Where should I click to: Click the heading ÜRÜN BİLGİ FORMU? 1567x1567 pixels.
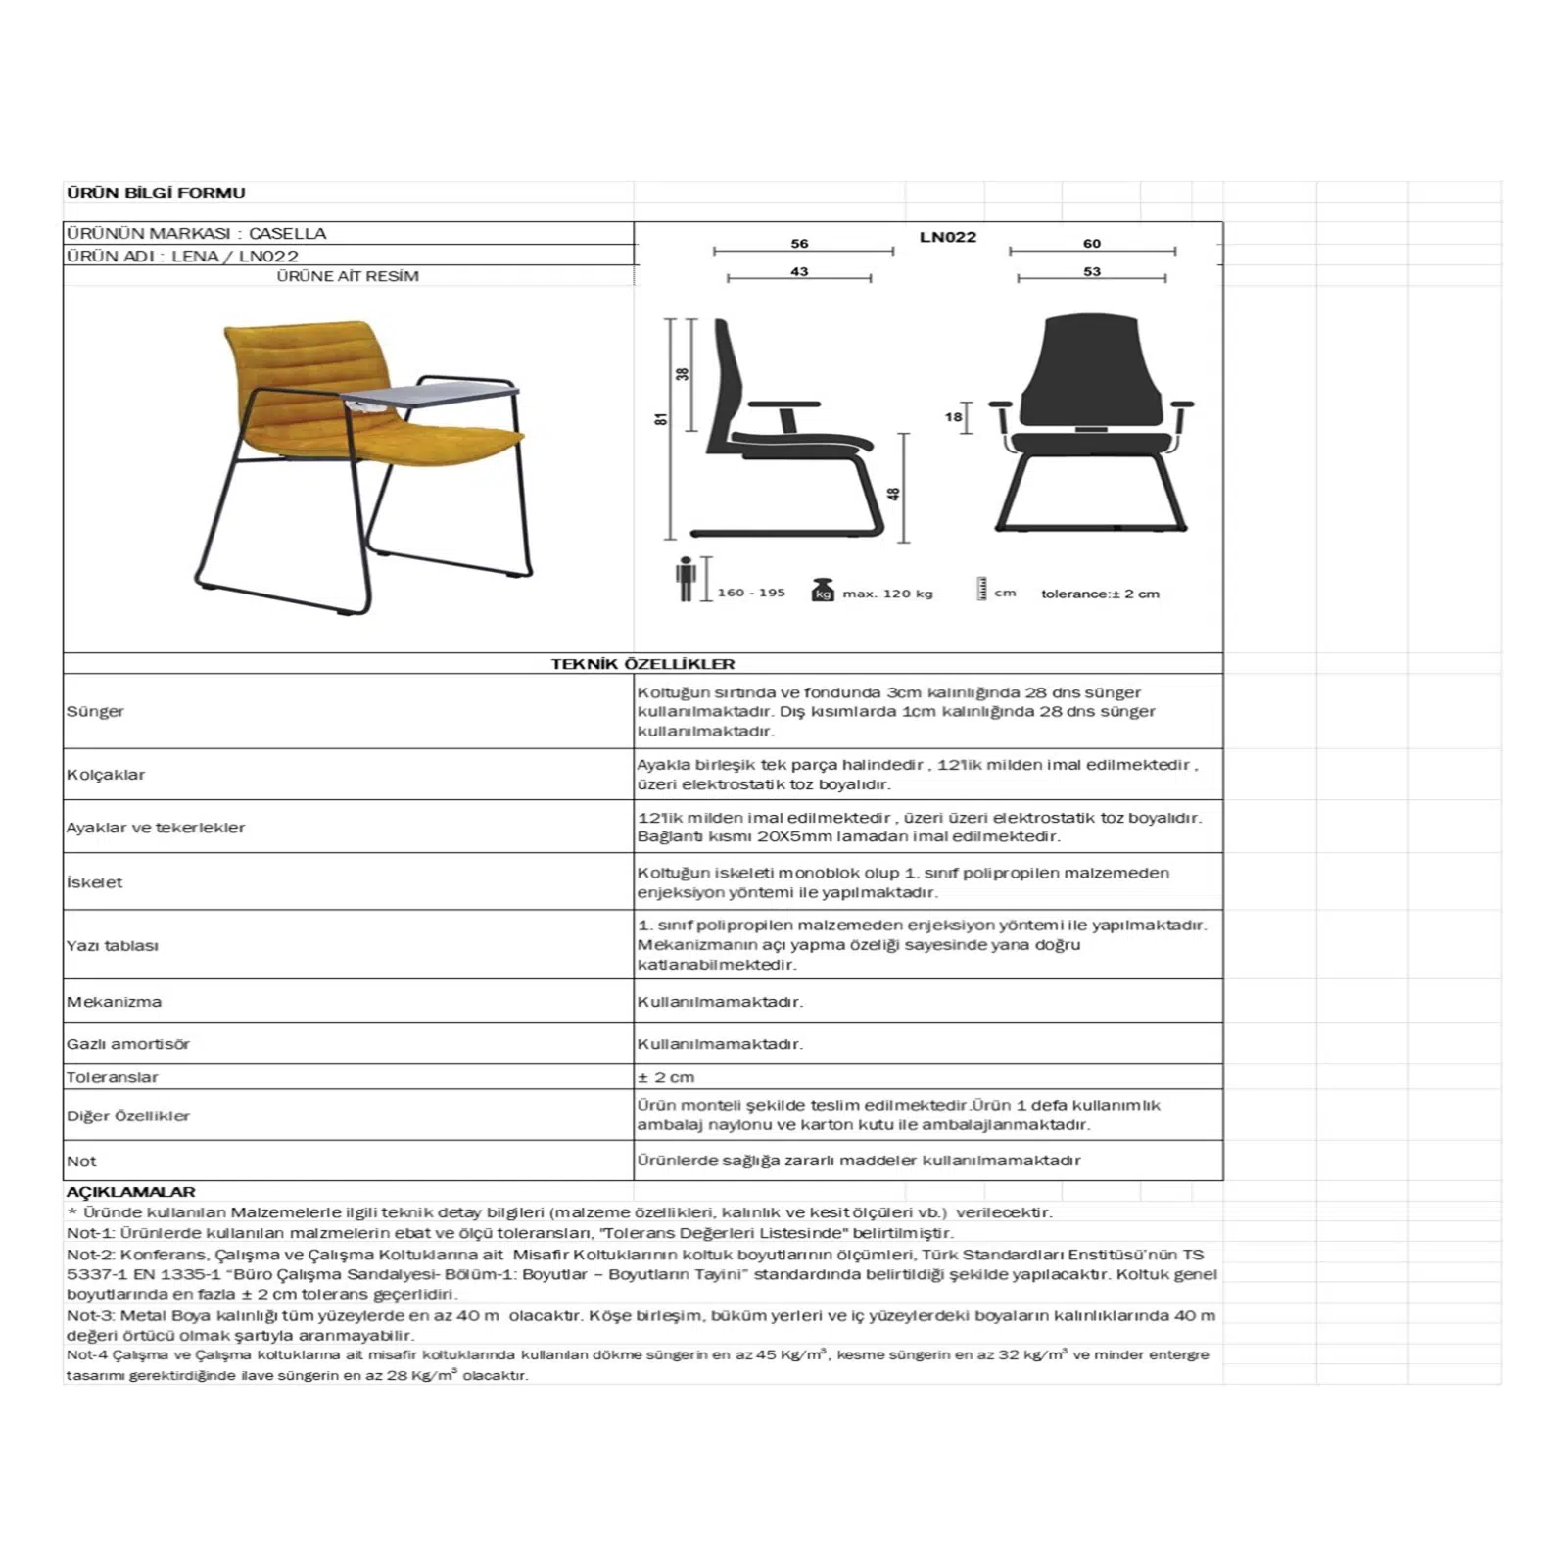[156, 193]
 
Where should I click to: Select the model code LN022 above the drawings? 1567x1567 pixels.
[947, 237]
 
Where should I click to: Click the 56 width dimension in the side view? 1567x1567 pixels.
[799, 244]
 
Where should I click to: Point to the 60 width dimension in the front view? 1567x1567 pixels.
[1091, 244]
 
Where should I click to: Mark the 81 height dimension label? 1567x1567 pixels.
[661, 418]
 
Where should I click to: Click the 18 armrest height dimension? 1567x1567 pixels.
[953, 417]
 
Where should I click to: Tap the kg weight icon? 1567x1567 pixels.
[823, 591]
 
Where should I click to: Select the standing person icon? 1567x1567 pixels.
[686, 579]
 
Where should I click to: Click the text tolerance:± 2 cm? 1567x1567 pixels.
[1100, 594]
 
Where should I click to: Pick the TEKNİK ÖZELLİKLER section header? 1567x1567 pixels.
[642, 664]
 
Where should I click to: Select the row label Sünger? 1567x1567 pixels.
[95, 711]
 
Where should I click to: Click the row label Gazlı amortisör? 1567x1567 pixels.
[128, 1044]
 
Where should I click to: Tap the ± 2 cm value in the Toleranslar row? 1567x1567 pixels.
[666, 1077]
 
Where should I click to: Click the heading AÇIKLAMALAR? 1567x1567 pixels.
[130, 1192]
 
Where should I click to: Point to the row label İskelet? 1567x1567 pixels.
[94, 882]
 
